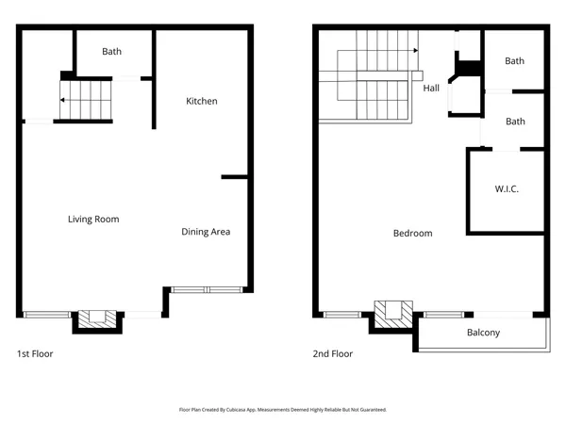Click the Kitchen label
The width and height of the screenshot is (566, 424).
coord(202,101)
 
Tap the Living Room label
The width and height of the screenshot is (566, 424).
coord(93,220)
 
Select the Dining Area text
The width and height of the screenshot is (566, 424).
coord(206,232)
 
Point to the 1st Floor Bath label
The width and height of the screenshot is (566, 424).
coord(112,52)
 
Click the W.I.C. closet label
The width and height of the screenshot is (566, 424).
coord(507,189)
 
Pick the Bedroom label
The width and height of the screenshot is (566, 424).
coord(412,234)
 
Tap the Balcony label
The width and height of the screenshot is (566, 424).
coord(483,333)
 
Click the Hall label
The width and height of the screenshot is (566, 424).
coord(431,89)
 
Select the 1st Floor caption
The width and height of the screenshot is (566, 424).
coord(36,354)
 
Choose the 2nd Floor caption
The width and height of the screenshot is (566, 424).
coord(333,354)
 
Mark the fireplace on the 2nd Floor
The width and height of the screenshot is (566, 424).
coord(393,313)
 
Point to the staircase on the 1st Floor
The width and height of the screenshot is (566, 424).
coord(85,100)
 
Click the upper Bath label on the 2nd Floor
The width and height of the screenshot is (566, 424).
coord(514,61)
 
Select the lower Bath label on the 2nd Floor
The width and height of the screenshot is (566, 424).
coord(514,122)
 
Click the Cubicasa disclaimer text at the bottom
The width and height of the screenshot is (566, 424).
coord(283,410)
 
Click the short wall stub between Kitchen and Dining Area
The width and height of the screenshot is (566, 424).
coord(234,176)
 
